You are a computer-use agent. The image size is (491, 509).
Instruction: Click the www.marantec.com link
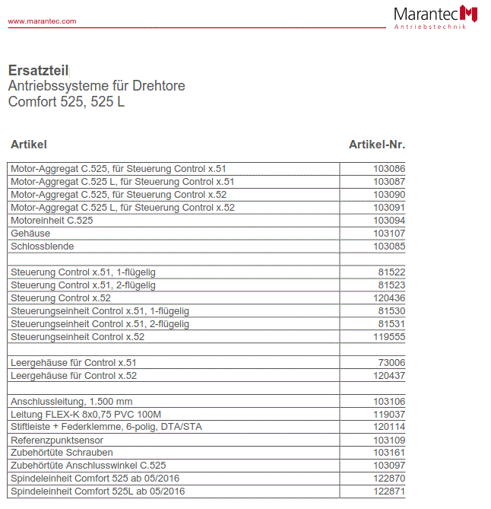click(x=42, y=21)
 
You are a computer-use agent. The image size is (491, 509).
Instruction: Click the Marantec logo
click(x=436, y=17)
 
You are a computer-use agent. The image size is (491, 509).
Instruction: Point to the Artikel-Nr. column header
click(x=377, y=145)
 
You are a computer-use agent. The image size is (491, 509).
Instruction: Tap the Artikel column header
click(x=29, y=145)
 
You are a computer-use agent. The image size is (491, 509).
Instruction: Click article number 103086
click(x=389, y=169)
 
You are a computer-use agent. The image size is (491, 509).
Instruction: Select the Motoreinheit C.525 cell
click(x=52, y=221)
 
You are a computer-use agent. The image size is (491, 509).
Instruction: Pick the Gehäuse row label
click(x=30, y=234)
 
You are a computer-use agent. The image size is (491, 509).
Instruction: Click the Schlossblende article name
click(x=42, y=247)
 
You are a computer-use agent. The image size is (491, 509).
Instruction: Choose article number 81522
click(x=391, y=272)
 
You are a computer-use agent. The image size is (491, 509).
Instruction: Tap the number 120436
click(x=389, y=298)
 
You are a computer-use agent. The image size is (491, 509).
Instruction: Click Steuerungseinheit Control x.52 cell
click(x=77, y=337)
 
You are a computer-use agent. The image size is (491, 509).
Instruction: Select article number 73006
click(x=391, y=363)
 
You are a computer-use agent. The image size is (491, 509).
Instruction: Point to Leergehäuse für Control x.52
click(x=74, y=376)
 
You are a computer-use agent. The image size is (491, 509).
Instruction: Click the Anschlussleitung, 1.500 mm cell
click(x=71, y=402)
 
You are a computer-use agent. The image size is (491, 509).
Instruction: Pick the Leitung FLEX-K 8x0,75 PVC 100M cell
click(x=86, y=415)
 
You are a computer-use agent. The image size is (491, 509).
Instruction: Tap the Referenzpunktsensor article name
click(x=57, y=441)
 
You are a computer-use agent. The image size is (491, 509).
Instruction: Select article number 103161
click(x=389, y=453)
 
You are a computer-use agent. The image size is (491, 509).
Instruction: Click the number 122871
click(x=389, y=492)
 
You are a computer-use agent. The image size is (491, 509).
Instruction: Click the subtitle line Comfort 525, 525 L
click(x=66, y=101)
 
